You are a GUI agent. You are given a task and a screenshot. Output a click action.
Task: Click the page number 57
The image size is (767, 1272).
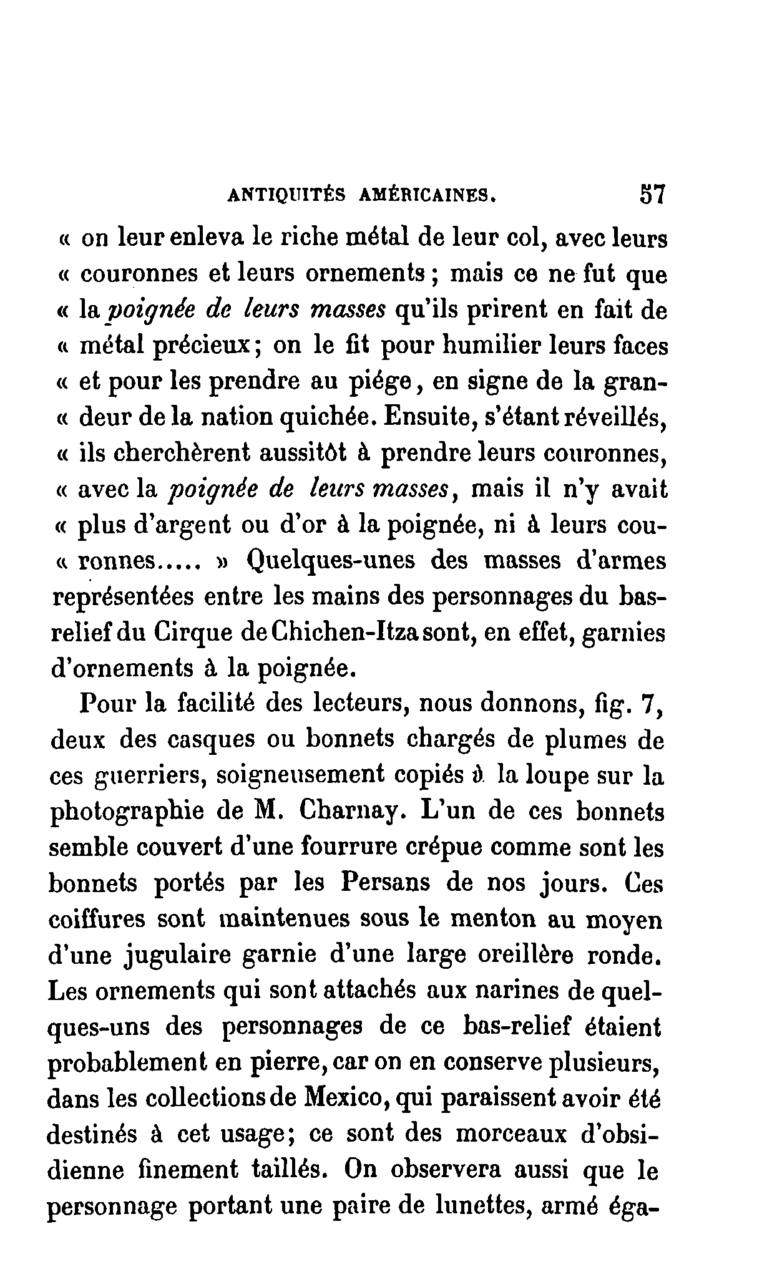[x=652, y=194]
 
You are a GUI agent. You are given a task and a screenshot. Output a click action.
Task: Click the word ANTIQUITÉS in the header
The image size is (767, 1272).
[x=283, y=196]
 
